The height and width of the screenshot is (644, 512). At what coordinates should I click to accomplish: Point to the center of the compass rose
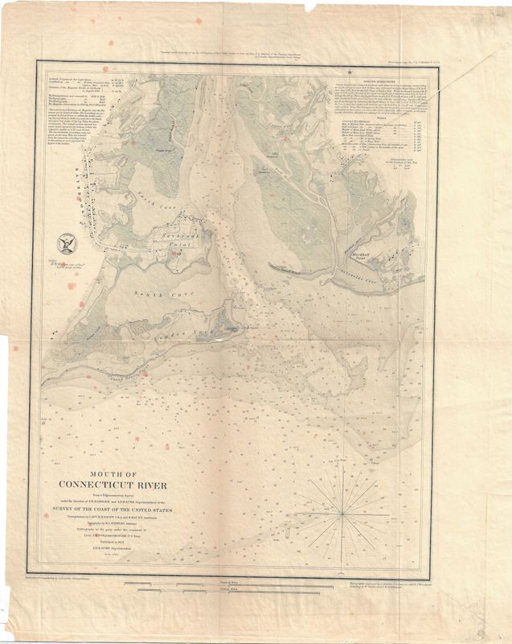point(344,512)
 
